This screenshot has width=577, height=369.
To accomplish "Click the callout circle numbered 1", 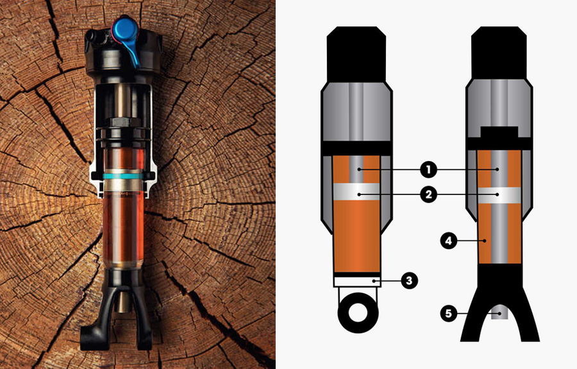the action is coord(428,170).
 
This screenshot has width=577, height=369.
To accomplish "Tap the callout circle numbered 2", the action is coord(428,194).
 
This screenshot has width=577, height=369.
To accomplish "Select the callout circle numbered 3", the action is coord(409,281).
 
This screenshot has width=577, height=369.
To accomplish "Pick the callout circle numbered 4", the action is coord(449,241).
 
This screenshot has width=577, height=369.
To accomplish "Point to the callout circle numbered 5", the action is coord(449,314).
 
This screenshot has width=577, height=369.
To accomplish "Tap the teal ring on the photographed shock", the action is coord(123,176).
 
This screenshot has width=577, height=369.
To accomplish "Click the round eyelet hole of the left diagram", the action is coord(358,313).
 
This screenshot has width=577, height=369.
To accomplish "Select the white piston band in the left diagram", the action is coord(356,191).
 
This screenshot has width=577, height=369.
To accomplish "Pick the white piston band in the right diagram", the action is coord(499,195).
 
